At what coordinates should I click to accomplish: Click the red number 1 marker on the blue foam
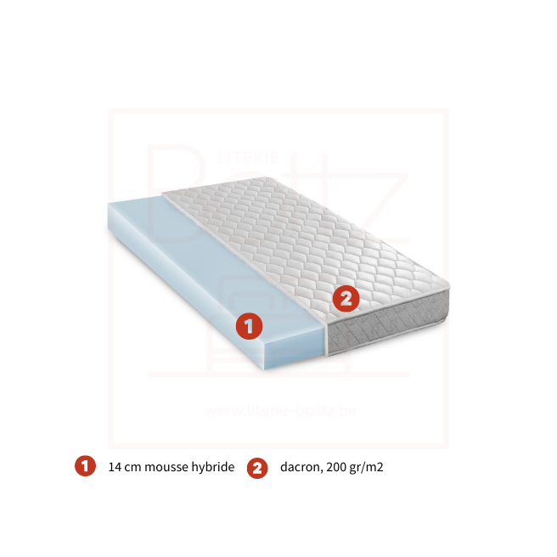[248, 324]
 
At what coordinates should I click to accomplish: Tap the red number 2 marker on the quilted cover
[346, 298]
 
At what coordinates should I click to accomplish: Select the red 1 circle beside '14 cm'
[85, 466]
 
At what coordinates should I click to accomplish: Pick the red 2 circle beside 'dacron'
[257, 468]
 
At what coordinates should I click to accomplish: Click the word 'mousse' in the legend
[168, 467]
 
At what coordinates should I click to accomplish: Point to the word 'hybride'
[213, 467]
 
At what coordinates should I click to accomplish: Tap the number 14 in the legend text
[115, 467]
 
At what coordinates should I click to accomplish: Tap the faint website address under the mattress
[279, 410]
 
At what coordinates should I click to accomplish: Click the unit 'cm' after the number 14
[132, 467]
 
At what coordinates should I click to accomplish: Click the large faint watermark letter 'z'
[386, 195]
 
